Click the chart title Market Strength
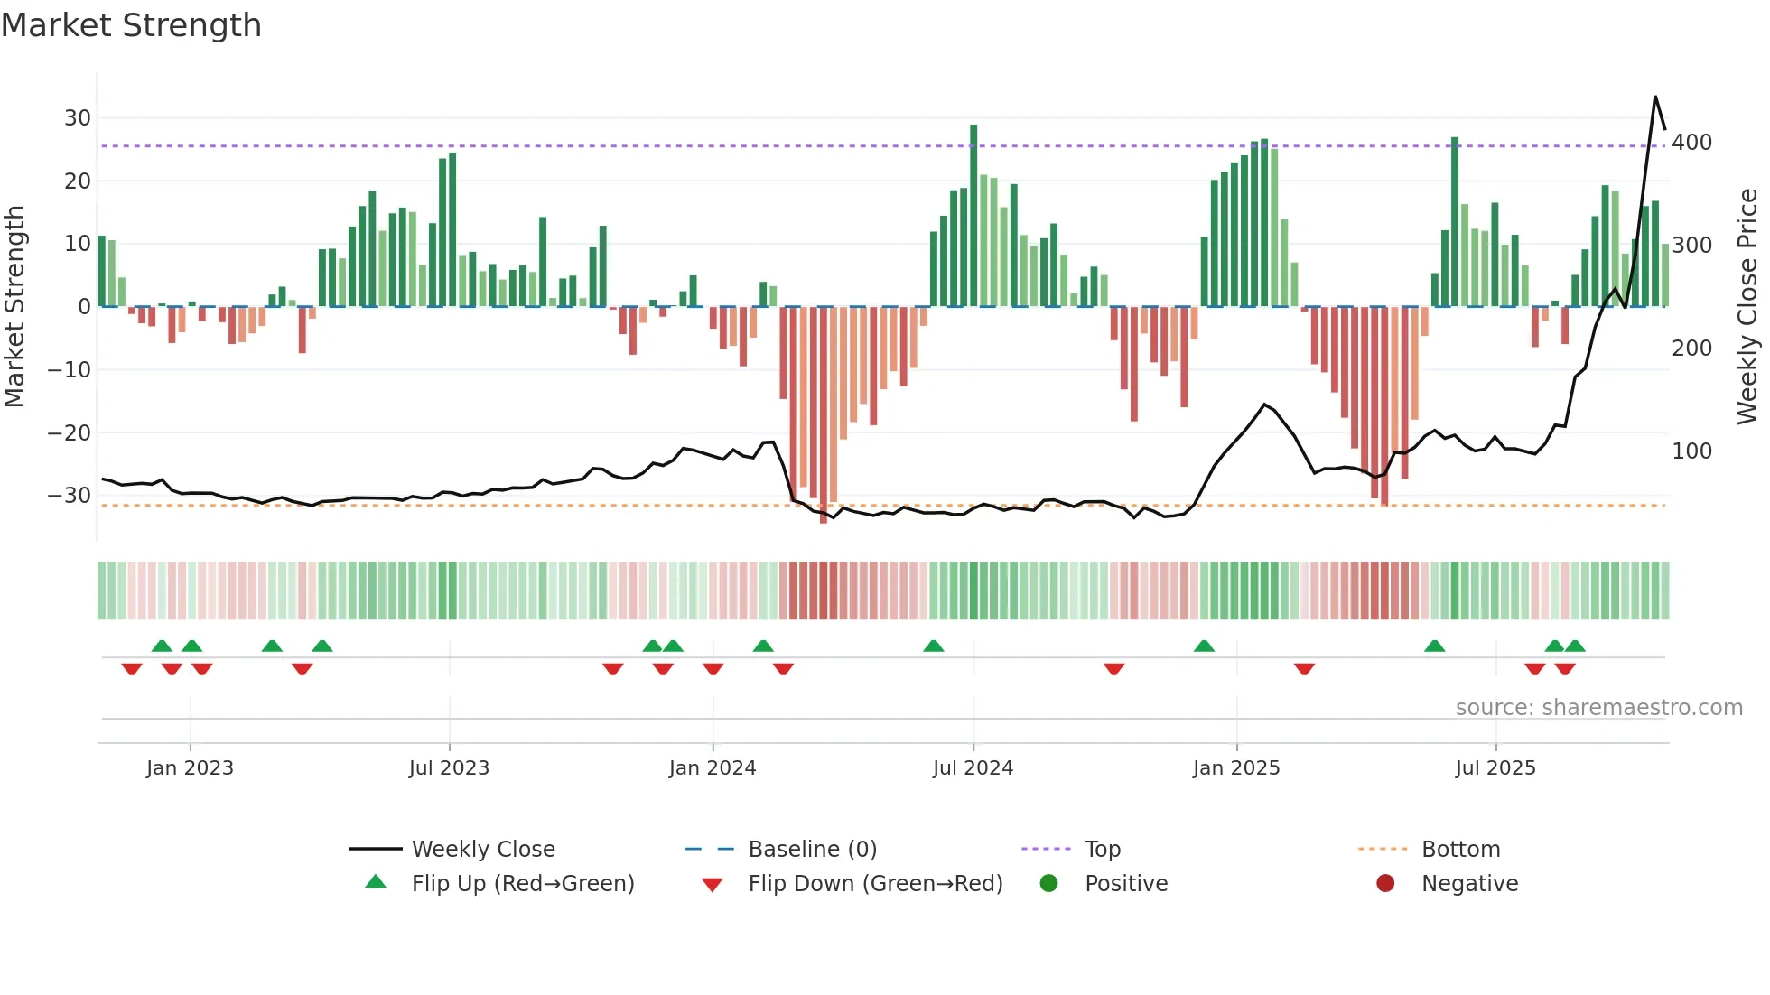coord(131,25)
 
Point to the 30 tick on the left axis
coord(78,118)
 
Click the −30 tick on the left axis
coord(70,496)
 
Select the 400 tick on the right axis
coord(1691,143)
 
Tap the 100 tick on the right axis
coord(1691,451)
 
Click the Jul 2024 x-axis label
coord(973,768)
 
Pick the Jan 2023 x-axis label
coord(190,768)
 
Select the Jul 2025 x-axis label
coord(1495,768)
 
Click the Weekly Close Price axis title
coord(1747,306)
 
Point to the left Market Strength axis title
coord(14,306)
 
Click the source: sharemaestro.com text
coord(1598,708)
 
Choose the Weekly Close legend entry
coord(482,850)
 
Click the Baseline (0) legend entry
coord(812,850)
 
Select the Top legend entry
coord(1102,850)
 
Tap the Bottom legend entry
coord(1460,850)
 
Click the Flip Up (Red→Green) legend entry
coord(522,884)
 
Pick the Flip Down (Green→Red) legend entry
coord(874,884)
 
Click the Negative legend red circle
coord(1385,884)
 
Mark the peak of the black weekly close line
coord(1655,97)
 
